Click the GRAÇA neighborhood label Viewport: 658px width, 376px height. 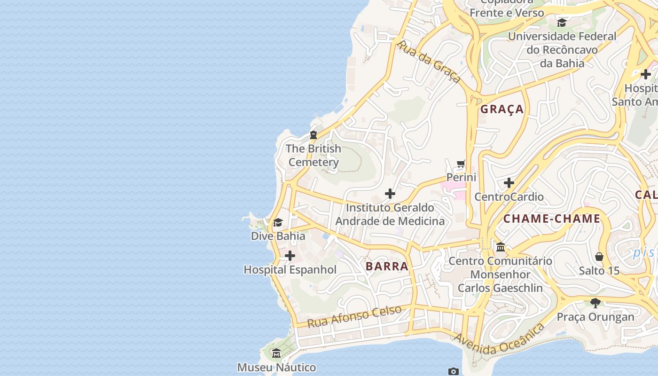coord(501,109)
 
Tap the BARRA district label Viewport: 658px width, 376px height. coord(387,266)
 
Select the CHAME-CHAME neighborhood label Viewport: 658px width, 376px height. coord(552,219)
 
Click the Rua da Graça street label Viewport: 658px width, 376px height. coord(429,62)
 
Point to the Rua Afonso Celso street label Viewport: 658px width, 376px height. coord(354,316)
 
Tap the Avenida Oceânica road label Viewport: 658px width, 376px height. coord(499,339)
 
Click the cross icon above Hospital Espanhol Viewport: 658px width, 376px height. coord(290,256)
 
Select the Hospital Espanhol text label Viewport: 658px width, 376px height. coord(290,270)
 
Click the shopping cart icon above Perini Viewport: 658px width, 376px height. coord(461,164)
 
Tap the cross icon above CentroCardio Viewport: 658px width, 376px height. coord(509,183)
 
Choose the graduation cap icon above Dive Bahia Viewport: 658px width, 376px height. coord(278,222)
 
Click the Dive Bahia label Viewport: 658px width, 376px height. coord(278,236)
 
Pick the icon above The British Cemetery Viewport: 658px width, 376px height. coord(313,135)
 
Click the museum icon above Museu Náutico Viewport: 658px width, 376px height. coord(276,353)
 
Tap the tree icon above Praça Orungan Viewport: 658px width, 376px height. coord(595,303)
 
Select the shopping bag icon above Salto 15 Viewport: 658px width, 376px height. coord(599,257)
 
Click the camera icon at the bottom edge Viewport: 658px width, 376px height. coord(453,372)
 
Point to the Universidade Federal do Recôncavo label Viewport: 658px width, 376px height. coord(562,49)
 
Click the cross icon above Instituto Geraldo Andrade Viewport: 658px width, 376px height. coord(390,193)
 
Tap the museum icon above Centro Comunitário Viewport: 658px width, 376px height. coord(501,247)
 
